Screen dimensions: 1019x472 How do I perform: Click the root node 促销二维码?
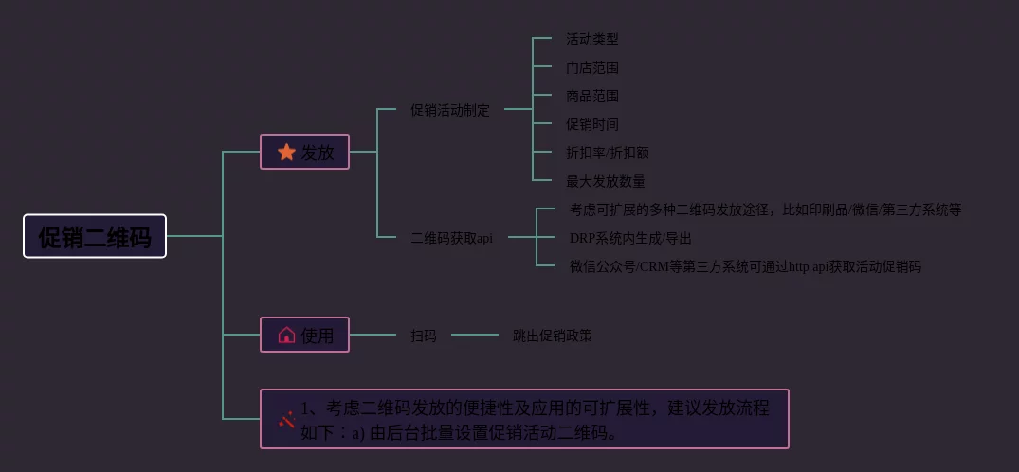(95, 236)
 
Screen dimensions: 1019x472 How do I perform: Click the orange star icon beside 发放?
(286, 152)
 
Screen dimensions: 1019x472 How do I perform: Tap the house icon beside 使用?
(286, 335)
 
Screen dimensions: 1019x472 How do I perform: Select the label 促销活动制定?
(450, 110)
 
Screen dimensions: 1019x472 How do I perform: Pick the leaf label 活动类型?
(592, 39)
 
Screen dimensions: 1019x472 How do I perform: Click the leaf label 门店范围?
(592, 67)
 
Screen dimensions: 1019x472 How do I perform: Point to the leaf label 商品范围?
(592, 96)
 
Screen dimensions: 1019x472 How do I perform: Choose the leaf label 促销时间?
(592, 124)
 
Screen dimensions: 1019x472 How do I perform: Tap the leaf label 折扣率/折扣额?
(608, 153)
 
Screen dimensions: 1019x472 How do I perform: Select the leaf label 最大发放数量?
(606, 181)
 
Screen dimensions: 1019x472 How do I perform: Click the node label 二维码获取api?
(451, 238)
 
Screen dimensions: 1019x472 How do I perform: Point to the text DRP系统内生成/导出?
(630, 238)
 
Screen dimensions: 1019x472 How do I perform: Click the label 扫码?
(424, 336)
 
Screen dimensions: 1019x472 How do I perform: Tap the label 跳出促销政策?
(553, 336)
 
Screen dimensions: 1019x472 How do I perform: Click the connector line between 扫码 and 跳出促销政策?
(474, 335)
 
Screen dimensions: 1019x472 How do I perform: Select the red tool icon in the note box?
(286, 419)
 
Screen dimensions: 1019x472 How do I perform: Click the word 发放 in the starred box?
(318, 152)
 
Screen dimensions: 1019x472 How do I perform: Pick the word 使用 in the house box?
(318, 335)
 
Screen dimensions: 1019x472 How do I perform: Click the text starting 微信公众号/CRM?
(745, 266)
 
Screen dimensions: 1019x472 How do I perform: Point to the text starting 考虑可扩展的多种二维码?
(765, 209)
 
